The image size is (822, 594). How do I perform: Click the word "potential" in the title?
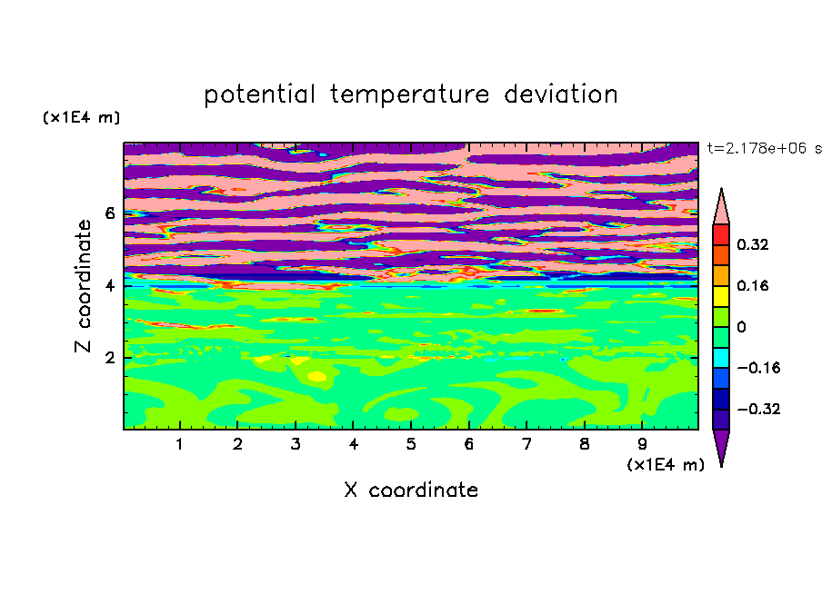[259, 95]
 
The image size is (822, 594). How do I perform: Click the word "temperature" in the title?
[410, 95]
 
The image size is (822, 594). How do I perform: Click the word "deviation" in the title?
[561, 94]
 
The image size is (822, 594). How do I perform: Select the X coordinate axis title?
[411, 490]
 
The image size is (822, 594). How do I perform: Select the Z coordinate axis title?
[83, 285]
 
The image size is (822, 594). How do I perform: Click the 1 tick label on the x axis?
[179, 444]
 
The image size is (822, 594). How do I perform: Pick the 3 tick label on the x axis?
[296, 444]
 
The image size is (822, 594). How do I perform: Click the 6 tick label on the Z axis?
[109, 213]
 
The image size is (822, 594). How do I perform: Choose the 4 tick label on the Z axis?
[109, 285]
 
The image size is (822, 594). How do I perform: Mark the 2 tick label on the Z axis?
[109, 358]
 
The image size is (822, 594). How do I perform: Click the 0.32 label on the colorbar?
[753, 244]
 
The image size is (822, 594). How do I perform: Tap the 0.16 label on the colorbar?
[753, 285]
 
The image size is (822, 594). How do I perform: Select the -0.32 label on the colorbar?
[758, 409]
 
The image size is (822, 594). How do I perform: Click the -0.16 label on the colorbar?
[758, 368]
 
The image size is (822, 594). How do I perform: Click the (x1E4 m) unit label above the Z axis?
[81, 117]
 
